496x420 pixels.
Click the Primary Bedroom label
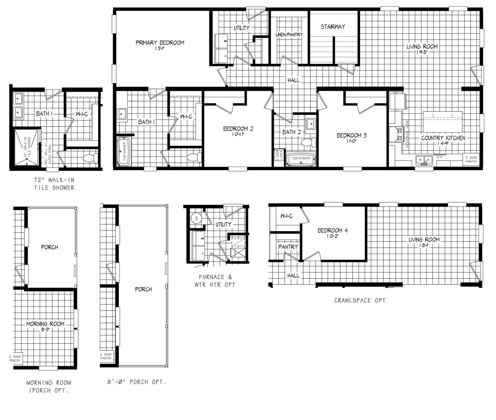(160, 43)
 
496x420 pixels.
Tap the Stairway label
(333, 27)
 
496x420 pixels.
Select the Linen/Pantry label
(289, 35)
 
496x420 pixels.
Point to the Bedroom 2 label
(238, 129)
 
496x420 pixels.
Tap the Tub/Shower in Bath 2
(300, 159)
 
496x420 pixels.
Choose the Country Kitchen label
(443, 138)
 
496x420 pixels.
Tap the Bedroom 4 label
(332, 231)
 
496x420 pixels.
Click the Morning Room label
(45, 324)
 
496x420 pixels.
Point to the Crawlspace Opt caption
(360, 301)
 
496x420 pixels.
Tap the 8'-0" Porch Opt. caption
(136, 382)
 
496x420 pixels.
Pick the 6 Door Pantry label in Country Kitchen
(471, 159)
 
